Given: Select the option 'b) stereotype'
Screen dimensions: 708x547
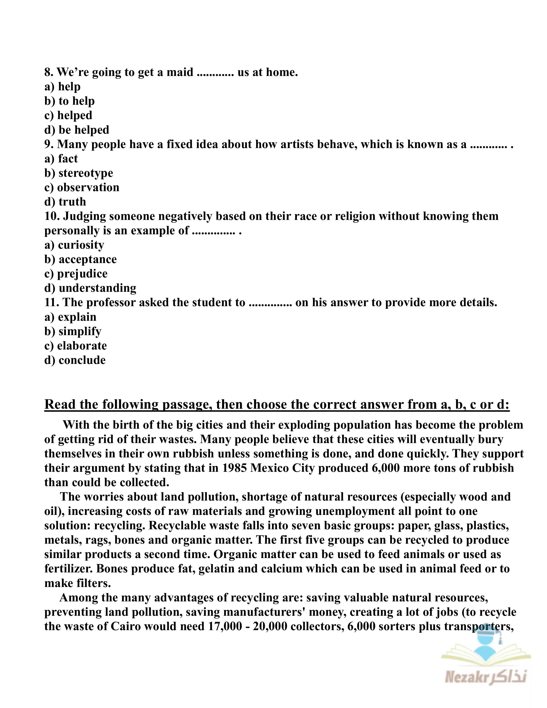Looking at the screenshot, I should [x=79, y=173].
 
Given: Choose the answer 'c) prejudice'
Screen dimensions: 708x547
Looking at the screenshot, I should [x=76, y=274].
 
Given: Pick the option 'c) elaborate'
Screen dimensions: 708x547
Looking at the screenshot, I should [x=76, y=346].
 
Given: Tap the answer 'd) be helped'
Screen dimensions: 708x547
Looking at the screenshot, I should [x=77, y=130].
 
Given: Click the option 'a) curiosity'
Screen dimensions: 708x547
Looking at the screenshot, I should [x=74, y=245].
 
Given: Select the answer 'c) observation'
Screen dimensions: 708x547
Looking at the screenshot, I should [x=82, y=187].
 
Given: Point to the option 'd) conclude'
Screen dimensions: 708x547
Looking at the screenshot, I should [x=75, y=360].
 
